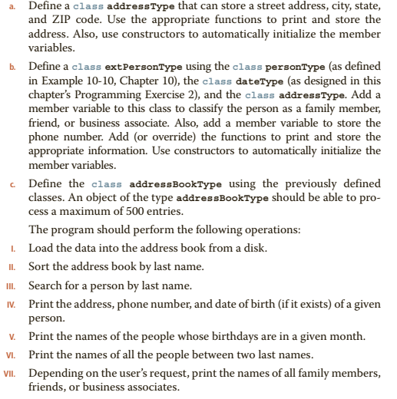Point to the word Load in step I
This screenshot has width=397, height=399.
click(x=40, y=249)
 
